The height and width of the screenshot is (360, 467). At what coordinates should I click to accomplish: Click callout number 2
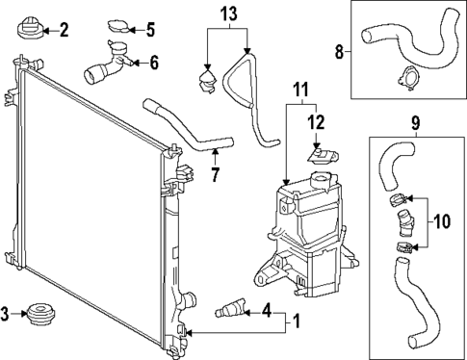coord(64,30)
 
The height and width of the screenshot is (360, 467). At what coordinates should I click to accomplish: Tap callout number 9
coord(416,123)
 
